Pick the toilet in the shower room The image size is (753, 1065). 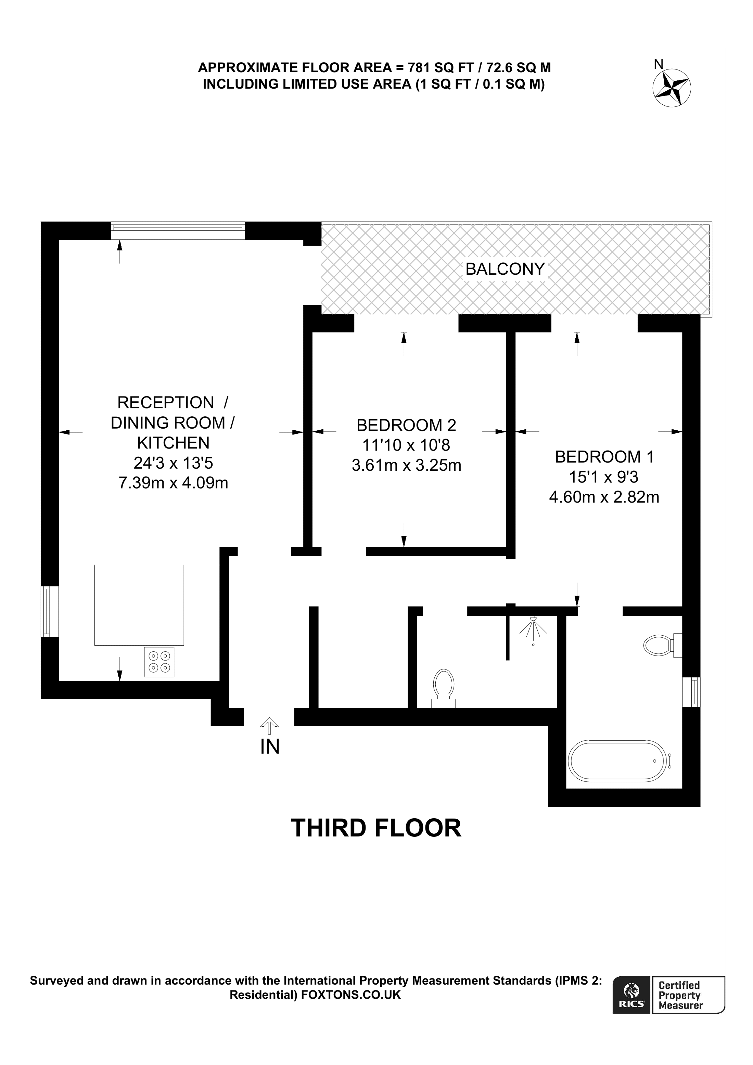444,686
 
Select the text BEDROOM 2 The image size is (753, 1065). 406,425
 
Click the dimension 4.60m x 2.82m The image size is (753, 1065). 604,497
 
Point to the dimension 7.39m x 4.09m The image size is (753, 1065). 174,483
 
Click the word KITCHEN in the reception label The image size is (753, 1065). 173,443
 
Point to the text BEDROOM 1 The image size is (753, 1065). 604,457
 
